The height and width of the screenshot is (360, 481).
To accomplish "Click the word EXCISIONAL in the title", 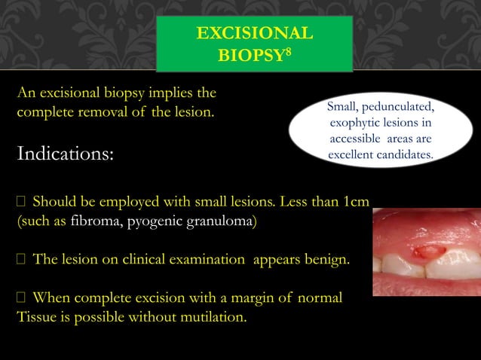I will click(x=254, y=34).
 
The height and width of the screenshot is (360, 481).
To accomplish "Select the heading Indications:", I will click(x=66, y=155).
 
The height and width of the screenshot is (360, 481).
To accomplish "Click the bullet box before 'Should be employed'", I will click(x=21, y=203).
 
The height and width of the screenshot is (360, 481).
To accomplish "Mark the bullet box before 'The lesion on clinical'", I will click(x=21, y=261).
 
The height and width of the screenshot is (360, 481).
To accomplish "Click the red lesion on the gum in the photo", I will click(x=430, y=249).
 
